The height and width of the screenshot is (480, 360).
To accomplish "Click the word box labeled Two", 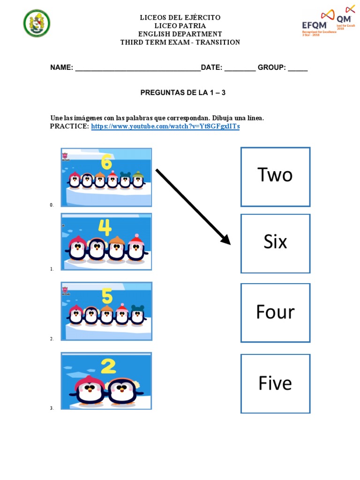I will (275, 176).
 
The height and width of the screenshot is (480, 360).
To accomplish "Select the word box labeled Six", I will (275, 243).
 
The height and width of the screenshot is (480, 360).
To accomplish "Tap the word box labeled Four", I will (275, 312).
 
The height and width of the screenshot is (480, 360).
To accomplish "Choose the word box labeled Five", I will (275, 383).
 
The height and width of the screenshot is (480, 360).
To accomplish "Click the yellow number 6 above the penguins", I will (106, 163).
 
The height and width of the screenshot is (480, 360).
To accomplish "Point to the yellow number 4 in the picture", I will (105, 228).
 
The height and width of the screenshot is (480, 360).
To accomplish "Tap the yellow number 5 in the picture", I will (107, 296).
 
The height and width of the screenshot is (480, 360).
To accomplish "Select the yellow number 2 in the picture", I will (108, 367).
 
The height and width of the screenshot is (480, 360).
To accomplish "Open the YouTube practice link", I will (165, 127).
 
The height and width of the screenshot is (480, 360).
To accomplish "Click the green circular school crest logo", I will (37, 23).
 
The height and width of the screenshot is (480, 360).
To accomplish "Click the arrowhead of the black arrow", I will (225, 240).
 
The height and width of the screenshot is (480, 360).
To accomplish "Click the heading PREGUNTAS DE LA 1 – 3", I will (183, 93).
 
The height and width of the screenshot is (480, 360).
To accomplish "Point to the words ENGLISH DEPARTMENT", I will (180, 34).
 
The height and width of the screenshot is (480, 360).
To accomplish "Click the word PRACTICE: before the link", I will (69, 127).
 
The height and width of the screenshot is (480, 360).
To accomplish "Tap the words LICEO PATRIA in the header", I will (180, 26).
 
